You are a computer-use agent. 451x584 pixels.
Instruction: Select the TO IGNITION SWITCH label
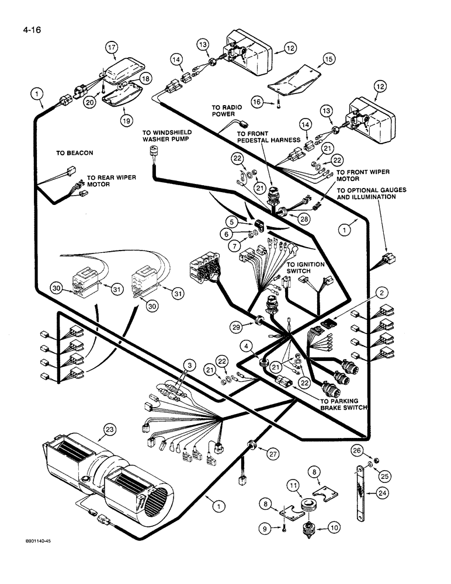[x=305, y=267]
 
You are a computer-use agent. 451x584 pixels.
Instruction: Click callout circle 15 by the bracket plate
[x=328, y=60]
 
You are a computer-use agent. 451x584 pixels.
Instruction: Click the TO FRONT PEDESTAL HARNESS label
[x=268, y=137]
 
